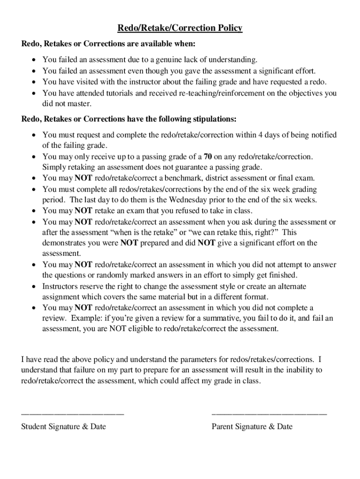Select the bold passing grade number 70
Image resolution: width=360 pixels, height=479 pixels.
(209, 157)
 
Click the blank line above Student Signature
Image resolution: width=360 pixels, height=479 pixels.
(72, 414)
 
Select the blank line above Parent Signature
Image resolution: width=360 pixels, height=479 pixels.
(269, 414)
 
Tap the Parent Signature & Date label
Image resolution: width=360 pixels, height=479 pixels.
(252, 427)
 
